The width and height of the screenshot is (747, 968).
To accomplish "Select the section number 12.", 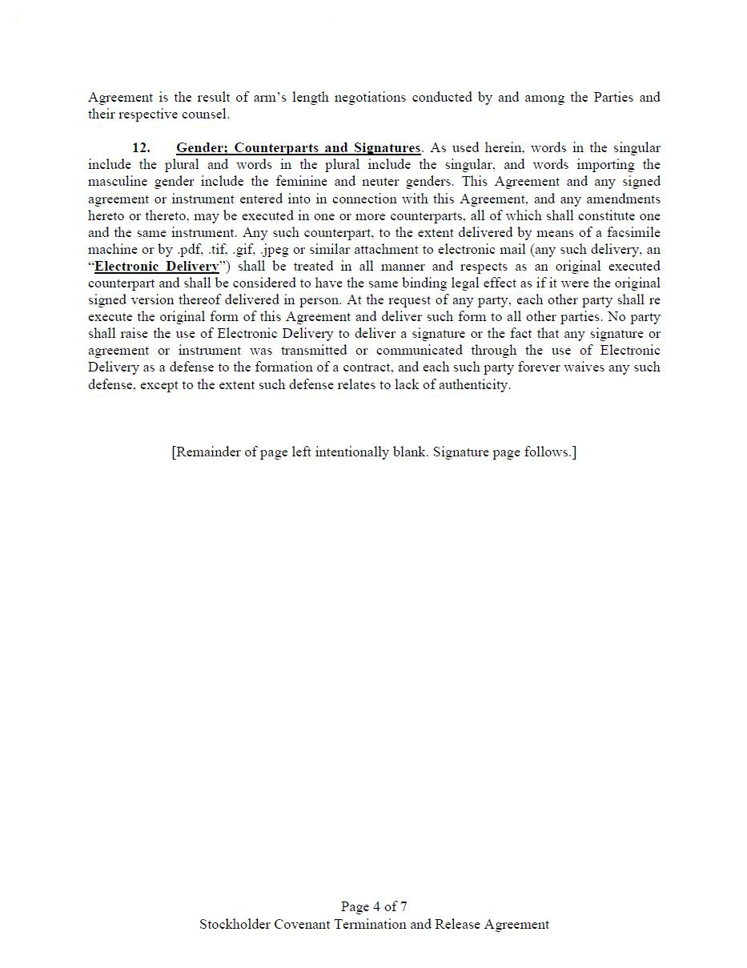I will (141, 148).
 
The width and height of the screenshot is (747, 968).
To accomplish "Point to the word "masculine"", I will (118, 182).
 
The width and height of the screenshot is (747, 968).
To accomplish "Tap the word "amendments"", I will (623, 199).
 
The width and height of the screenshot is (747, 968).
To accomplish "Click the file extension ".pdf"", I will (189, 249).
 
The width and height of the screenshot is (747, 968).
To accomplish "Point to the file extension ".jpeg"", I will (274, 249).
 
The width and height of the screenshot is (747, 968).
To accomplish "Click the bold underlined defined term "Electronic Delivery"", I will (157, 267).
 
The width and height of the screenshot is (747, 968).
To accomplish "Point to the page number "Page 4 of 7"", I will (374, 907).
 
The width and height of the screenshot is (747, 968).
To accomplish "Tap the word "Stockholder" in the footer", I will (235, 925).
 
